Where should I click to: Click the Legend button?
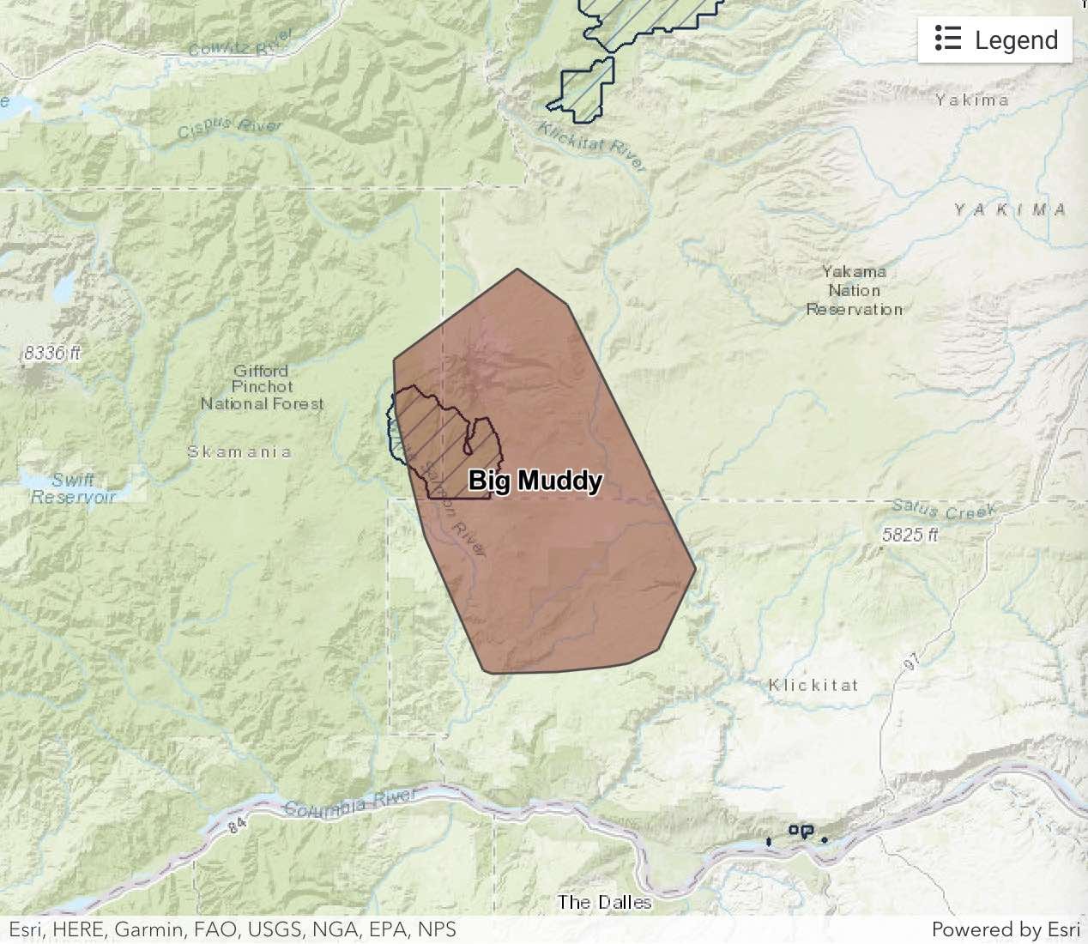tap(995, 39)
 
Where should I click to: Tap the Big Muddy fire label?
tap(535, 481)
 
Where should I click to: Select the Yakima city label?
tap(971, 100)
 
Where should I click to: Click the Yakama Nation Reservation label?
tap(854, 290)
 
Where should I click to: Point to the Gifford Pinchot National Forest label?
tap(262, 387)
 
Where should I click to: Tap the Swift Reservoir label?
tap(73, 488)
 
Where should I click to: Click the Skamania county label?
tap(239, 452)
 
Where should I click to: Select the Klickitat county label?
tap(813, 685)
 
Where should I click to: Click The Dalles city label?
tap(604, 902)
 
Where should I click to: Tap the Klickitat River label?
tap(591, 146)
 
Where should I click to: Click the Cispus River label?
tap(229, 128)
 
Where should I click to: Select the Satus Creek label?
tap(944, 510)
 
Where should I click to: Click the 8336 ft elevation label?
tap(52, 353)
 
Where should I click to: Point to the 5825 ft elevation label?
tap(910, 535)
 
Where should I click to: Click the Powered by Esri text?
tap(1006, 929)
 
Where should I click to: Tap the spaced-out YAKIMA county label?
tap(1010, 210)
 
